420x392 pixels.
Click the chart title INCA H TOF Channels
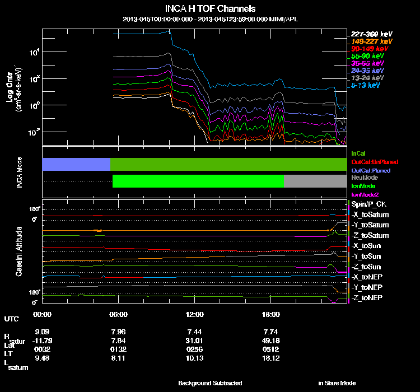(210, 9)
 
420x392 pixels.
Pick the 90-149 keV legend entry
(370, 49)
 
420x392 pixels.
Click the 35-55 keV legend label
(367, 64)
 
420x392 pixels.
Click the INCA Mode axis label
(20, 172)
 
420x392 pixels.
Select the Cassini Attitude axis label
(20, 251)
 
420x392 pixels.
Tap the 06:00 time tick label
(119, 314)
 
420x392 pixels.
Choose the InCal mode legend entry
(358, 152)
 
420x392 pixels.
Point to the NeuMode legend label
(363, 177)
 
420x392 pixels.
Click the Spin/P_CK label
(367, 204)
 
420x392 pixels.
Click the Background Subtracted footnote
(210, 383)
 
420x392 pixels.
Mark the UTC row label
(11, 319)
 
